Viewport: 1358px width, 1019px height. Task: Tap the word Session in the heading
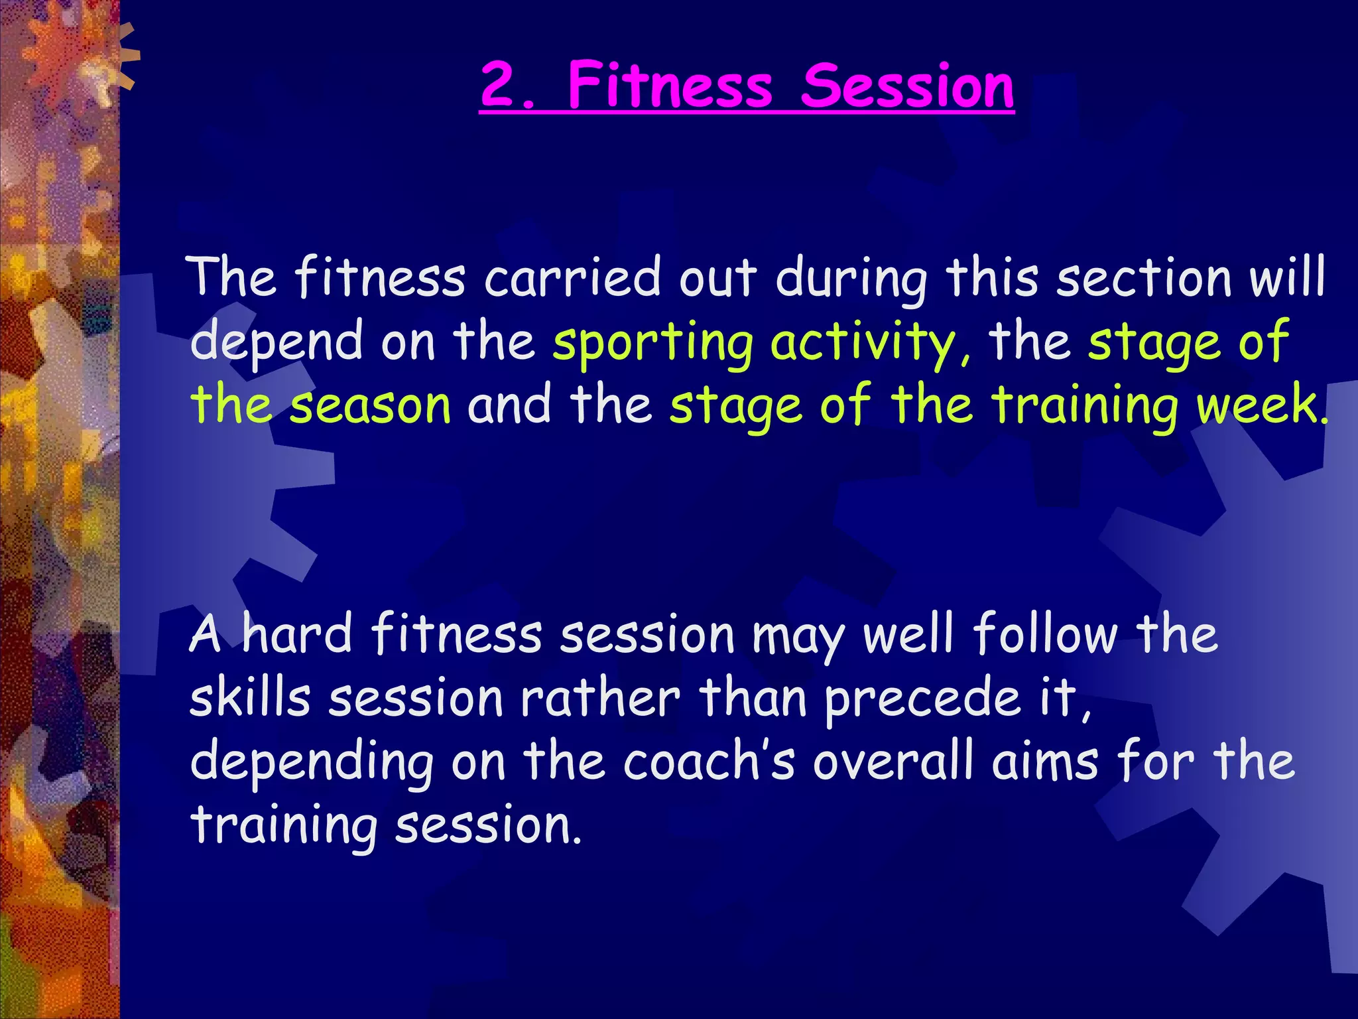pyautogui.click(x=907, y=86)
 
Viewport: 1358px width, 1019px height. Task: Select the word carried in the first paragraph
pyautogui.click(x=572, y=277)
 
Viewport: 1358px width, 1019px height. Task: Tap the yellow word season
pyautogui.click(x=371, y=406)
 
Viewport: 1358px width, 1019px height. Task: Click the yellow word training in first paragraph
pyautogui.click(x=1084, y=406)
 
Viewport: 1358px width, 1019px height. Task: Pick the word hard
pyautogui.click(x=296, y=634)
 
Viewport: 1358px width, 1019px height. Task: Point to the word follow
pyautogui.click(x=1044, y=634)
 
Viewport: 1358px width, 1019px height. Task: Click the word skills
pyautogui.click(x=250, y=698)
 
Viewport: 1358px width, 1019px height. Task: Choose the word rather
pyautogui.click(x=600, y=698)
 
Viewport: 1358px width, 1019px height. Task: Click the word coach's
pyautogui.click(x=708, y=762)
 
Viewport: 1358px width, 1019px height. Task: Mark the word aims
pyautogui.click(x=1046, y=762)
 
